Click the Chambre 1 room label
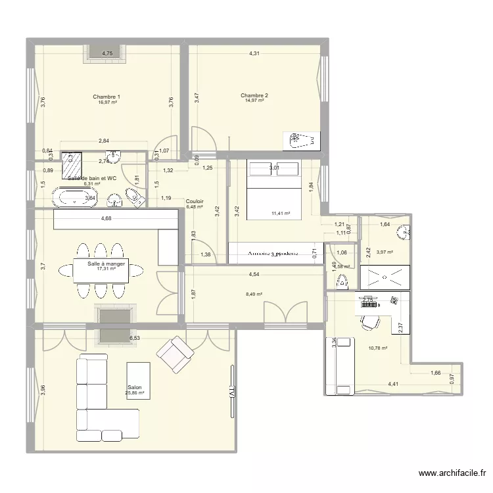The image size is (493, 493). [106, 97]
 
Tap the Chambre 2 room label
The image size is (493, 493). [254, 95]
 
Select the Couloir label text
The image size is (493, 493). [195, 201]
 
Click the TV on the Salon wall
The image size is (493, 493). [231, 390]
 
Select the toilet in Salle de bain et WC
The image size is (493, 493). [134, 197]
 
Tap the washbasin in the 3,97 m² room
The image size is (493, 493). [406, 231]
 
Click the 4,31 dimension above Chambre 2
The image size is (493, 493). [254, 53]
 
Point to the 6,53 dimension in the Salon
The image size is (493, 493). [134, 338]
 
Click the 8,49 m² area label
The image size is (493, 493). [254, 294]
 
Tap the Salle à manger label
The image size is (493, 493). [106, 264]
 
